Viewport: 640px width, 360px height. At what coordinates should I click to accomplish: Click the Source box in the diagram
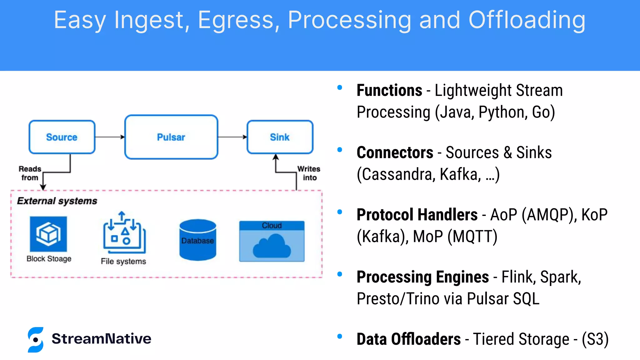[x=62, y=137]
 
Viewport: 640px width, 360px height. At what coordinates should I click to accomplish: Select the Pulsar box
[x=171, y=137]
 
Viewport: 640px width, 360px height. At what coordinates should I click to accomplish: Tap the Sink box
[x=280, y=137]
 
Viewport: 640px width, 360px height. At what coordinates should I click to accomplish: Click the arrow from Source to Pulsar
[x=109, y=137]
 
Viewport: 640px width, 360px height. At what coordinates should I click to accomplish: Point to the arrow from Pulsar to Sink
[x=232, y=137]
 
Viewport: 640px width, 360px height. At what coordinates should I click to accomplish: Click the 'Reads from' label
[x=30, y=173]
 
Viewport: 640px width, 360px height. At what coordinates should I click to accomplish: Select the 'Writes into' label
[x=309, y=173]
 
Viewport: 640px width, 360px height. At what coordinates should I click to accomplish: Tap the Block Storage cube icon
[x=48, y=234]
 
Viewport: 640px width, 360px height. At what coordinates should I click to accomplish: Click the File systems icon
[x=124, y=232]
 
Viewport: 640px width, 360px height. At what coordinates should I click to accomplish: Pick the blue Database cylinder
[x=197, y=240]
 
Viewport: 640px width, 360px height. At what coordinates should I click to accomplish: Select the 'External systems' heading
[x=57, y=201]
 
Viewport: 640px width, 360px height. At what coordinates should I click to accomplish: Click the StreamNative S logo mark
[x=36, y=340]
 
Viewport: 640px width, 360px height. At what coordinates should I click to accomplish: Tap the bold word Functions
[x=389, y=91]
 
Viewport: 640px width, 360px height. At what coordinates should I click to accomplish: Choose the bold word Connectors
[x=395, y=153]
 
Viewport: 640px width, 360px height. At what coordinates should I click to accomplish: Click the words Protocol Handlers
[x=417, y=215]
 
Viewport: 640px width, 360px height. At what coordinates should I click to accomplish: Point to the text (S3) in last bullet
[x=595, y=339]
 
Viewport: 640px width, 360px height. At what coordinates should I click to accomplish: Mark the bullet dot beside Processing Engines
[x=340, y=274]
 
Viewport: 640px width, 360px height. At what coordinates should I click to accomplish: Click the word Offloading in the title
[x=527, y=20]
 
